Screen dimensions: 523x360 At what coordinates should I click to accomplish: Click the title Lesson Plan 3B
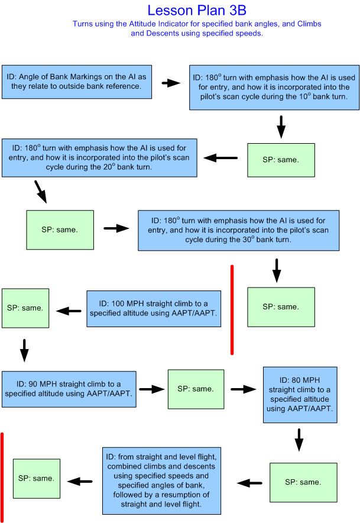[196, 10]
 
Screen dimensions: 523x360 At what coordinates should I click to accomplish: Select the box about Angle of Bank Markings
[77, 82]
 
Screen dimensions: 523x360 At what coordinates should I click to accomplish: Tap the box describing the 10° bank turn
[274, 87]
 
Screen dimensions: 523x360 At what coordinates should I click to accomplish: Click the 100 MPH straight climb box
[154, 308]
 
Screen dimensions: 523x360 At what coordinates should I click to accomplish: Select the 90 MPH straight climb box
[69, 389]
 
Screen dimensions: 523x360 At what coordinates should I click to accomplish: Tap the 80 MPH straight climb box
[300, 395]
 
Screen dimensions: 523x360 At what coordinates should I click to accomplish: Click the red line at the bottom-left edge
[2, 476]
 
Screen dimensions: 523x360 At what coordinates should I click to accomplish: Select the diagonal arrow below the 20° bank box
[40, 192]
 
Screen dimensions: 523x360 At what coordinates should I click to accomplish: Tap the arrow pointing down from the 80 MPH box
[299, 440]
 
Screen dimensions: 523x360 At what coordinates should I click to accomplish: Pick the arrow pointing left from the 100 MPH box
[69, 311]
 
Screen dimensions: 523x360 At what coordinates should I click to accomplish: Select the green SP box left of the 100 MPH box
[25, 308]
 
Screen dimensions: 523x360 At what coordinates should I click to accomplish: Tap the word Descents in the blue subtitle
[150, 34]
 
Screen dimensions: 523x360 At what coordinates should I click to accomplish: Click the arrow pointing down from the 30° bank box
[276, 269]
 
